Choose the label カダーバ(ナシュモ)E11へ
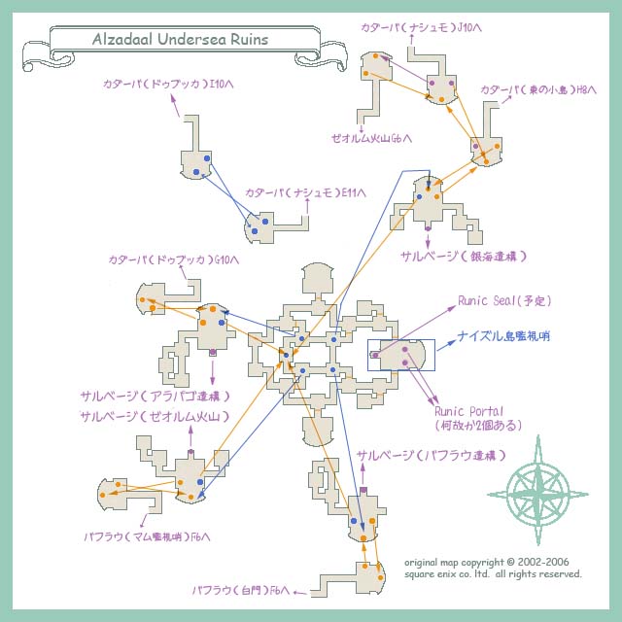tap(305, 192)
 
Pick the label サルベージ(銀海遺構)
tap(464, 256)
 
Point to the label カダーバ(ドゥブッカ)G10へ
tap(174, 259)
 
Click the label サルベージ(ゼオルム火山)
tap(155, 416)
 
